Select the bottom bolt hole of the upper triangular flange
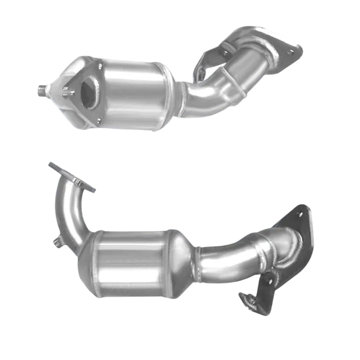(99, 120)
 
